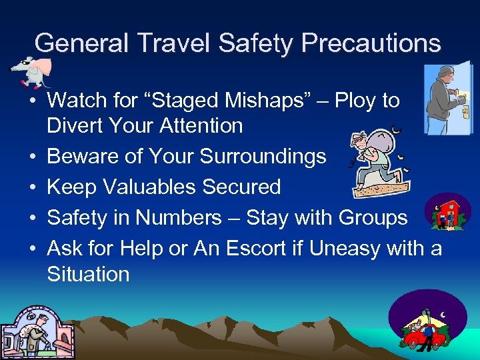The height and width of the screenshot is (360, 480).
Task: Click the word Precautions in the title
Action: pyautogui.click(x=371, y=43)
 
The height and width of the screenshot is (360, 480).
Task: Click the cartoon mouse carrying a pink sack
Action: pyautogui.click(x=30, y=71)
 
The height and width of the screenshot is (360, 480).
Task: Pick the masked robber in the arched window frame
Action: pyautogui.click(x=30, y=333)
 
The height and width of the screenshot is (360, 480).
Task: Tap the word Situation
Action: pyautogui.click(x=88, y=274)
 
